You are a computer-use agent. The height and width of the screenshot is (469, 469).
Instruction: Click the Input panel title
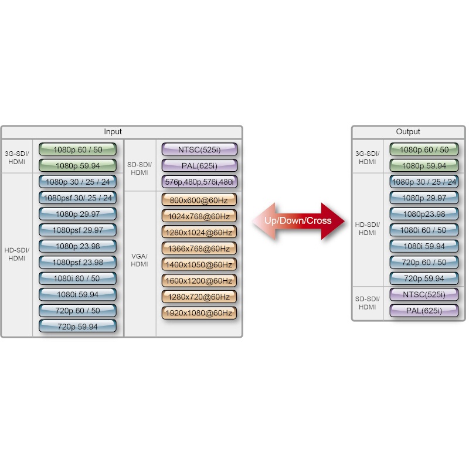[x=113, y=132]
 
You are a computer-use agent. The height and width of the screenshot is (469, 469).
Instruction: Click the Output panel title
[x=408, y=132]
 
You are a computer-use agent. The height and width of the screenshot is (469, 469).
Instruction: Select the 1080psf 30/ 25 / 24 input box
[x=78, y=198]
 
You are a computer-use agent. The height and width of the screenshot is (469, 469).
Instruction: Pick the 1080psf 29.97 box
[x=78, y=230]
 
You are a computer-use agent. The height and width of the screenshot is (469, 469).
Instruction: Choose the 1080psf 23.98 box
[x=78, y=262]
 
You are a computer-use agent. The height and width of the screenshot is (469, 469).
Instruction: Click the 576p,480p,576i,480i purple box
[x=199, y=182]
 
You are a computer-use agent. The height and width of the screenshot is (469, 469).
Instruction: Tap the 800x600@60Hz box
[x=199, y=200]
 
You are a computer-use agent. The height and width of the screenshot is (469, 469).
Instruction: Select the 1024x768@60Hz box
[x=199, y=216]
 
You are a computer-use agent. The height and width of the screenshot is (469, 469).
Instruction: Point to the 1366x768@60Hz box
[x=199, y=249]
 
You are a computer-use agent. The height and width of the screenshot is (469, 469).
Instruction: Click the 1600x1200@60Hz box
[x=199, y=281]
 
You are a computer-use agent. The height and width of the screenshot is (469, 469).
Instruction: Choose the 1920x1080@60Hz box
[x=199, y=313]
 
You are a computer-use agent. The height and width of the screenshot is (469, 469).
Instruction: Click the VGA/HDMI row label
[x=140, y=260]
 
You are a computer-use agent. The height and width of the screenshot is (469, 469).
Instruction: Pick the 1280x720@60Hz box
[x=199, y=297]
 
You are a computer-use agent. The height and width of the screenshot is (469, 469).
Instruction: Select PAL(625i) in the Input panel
[x=199, y=165]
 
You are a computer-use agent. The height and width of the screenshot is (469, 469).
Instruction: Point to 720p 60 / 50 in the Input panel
[x=78, y=310]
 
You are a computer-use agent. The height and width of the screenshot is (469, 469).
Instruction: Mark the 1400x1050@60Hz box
[x=199, y=264]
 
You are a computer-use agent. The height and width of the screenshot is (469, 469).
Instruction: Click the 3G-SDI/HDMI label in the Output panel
[x=368, y=158]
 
